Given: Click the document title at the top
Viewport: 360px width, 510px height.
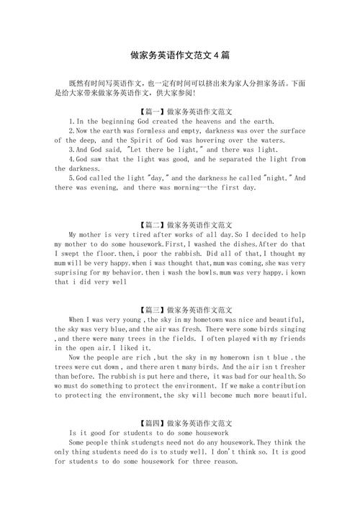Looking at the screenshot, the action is (x=180, y=54).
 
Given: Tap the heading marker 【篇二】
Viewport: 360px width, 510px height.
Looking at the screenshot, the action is (x=153, y=224).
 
